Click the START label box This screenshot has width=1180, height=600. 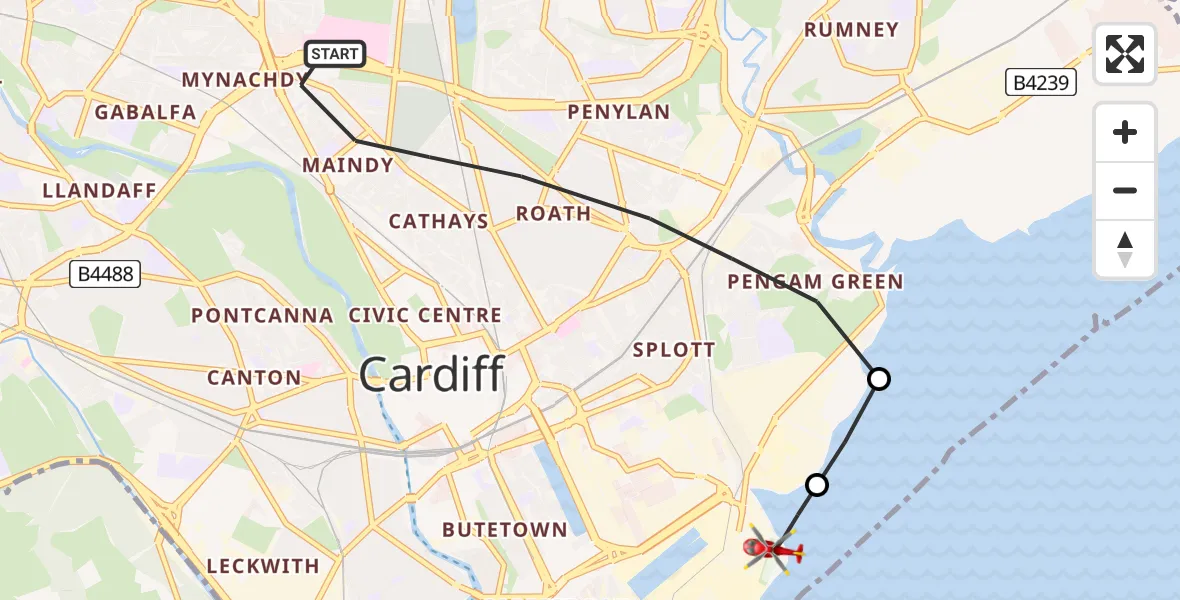click(x=334, y=54)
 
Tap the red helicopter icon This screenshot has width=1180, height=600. click(x=772, y=549)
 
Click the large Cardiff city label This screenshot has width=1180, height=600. click(x=431, y=375)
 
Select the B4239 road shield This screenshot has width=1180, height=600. click(x=1041, y=82)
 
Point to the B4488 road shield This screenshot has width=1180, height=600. click(x=105, y=273)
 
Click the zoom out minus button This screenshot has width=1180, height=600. click(x=1125, y=191)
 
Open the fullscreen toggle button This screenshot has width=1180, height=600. click(x=1125, y=54)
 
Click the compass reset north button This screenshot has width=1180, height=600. click(x=1125, y=249)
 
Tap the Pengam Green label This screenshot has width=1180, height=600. click(x=815, y=282)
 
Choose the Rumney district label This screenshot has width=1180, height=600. click(x=851, y=30)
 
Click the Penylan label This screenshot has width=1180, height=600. click(x=618, y=112)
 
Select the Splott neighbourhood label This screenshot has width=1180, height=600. click(x=674, y=350)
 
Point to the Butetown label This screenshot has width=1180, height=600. click(x=504, y=530)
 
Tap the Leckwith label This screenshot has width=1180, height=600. click(x=263, y=566)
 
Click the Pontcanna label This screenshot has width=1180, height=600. click(x=262, y=316)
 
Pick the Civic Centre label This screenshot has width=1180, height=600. click(x=425, y=316)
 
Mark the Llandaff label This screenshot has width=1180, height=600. click(x=99, y=190)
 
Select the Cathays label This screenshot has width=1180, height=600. click(x=439, y=221)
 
